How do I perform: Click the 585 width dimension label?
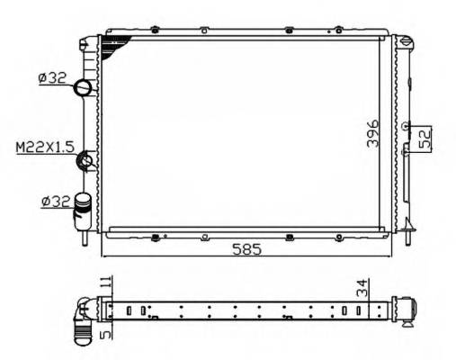[245, 249]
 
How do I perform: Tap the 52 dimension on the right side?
[427, 138]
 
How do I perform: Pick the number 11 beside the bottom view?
[105, 286]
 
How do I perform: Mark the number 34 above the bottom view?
[360, 288]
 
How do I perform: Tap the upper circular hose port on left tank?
[83, 88]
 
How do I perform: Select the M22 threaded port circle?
[87, 161]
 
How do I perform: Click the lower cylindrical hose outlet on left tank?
[84, 206]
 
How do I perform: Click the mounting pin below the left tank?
[84, 239]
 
